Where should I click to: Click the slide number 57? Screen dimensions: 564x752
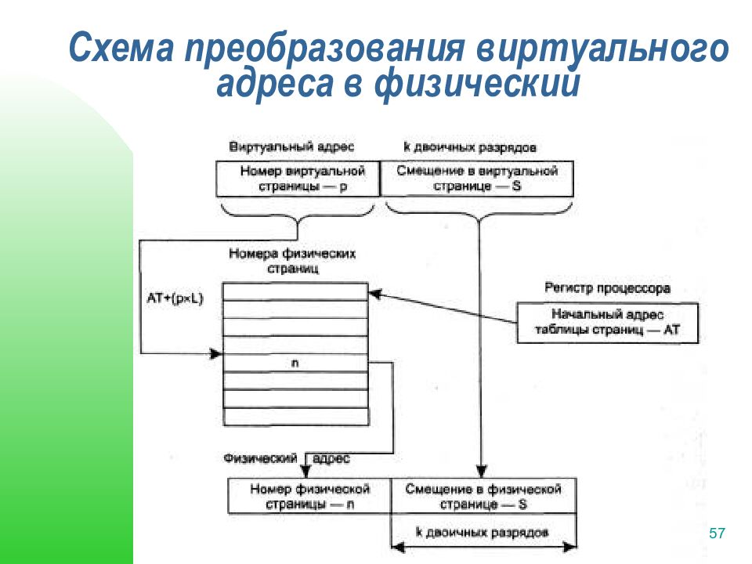point(717,533)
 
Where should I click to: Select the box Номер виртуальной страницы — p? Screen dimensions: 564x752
point(297,179)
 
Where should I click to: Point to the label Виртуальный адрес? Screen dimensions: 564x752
point(291,147)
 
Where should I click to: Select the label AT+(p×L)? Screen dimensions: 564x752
point(174,298)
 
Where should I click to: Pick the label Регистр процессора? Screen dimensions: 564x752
point(607,288)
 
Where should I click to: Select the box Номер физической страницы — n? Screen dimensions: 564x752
point(309,496)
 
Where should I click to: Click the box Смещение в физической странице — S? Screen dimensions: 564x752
point(483,496)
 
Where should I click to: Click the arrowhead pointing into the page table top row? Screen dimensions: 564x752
point(374,294)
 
